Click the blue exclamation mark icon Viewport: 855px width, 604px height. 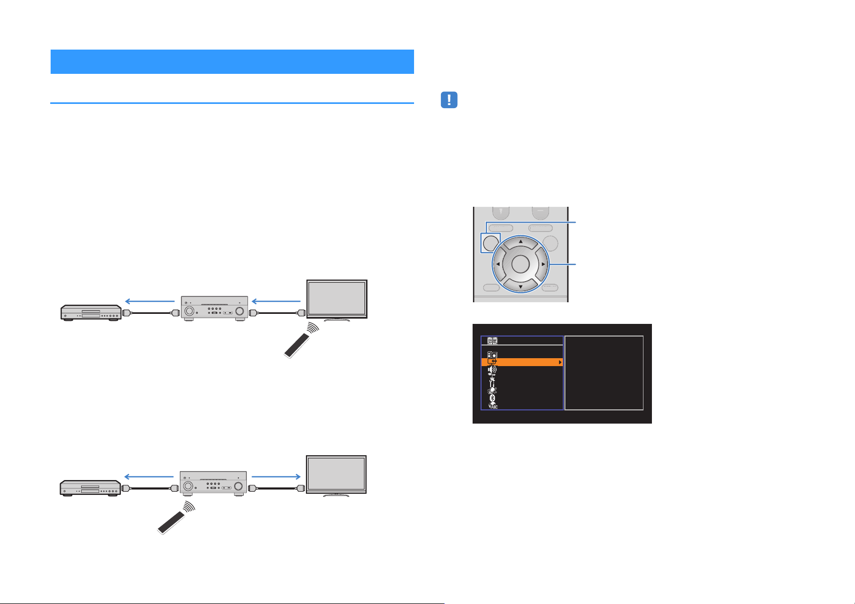(x=449, y=100)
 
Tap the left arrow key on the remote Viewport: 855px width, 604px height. (x=498, y=264)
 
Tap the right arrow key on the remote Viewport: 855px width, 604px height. (x=543, y=264)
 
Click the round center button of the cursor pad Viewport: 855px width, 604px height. (x=520, y=264)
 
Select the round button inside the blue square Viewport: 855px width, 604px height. (x=491, y=243)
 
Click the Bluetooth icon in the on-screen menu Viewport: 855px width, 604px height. (x=493, y=398)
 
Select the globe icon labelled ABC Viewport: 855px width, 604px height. (x=493, y=406)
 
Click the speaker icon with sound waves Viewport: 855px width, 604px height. (x=492, y=370)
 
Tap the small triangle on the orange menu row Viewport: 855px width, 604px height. (x=560, y=362)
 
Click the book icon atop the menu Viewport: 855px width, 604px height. (x=493, y=341)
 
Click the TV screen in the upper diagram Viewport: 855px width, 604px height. (x=337, y=299)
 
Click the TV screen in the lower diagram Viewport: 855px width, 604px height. (x=337, y=474)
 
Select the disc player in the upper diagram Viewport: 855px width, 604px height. (x=91, y=313)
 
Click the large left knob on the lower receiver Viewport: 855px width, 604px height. (x=188, y=486)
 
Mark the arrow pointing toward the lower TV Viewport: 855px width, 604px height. (x=276, y=476)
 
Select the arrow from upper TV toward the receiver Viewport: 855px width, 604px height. (x=276, y=301)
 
